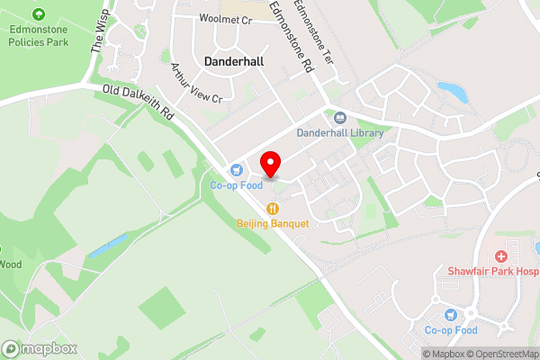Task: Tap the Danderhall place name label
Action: [235, 61]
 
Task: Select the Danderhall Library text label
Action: [340, 133]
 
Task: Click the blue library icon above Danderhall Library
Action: [340, 117]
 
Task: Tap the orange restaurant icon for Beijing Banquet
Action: [273, 209]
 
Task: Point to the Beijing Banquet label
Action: [273, 223]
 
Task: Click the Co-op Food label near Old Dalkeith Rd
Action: [237, 185]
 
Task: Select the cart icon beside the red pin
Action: [237, 169]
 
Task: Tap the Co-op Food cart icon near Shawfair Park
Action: [452, 315]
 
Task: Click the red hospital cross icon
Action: [500, 256]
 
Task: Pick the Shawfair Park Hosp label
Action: [493, 271]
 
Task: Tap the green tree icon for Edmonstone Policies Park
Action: [38, 14]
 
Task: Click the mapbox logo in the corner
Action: [40, 348]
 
